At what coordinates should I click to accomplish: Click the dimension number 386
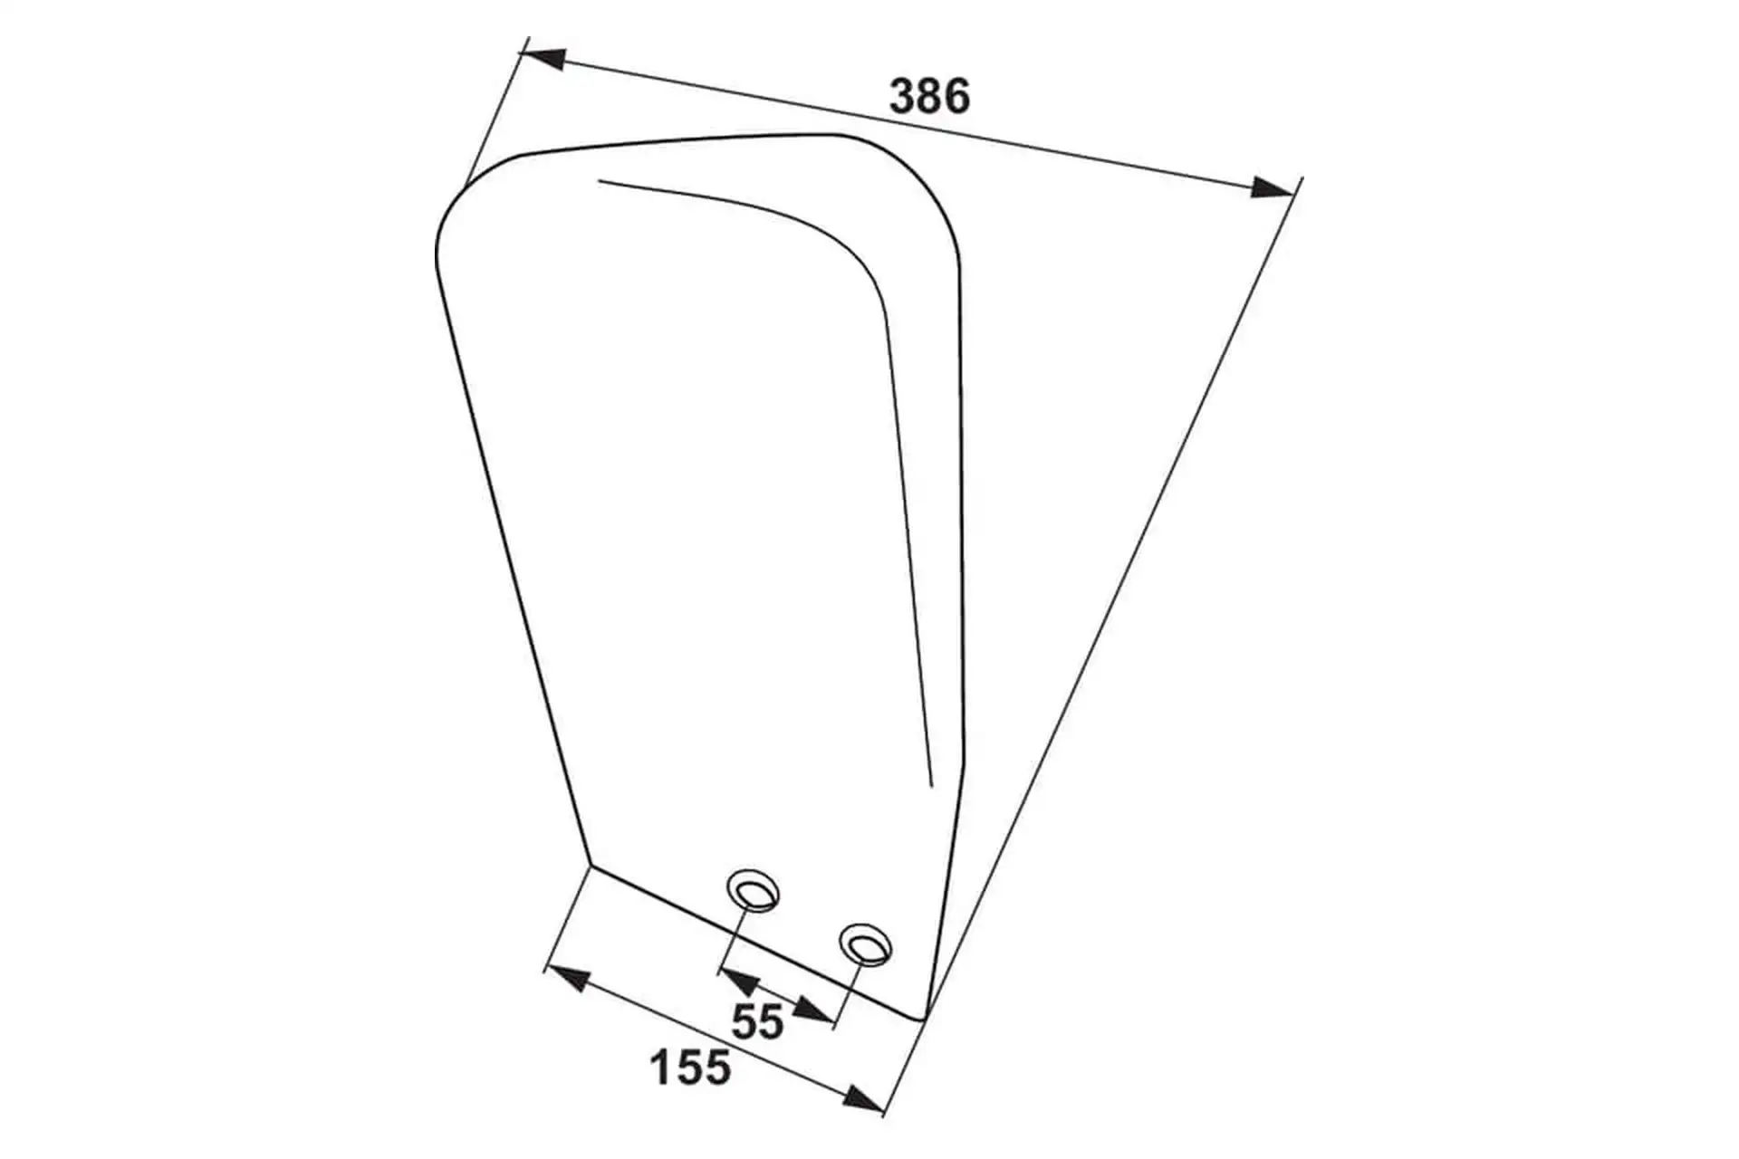(929, 96)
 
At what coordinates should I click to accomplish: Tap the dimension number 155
(690, 1068)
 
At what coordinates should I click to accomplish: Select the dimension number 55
(757, 1022)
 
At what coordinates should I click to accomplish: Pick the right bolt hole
(865, 945)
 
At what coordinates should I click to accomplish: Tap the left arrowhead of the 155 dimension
(568, 979)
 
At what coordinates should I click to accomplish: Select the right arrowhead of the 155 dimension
(861, 1097)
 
